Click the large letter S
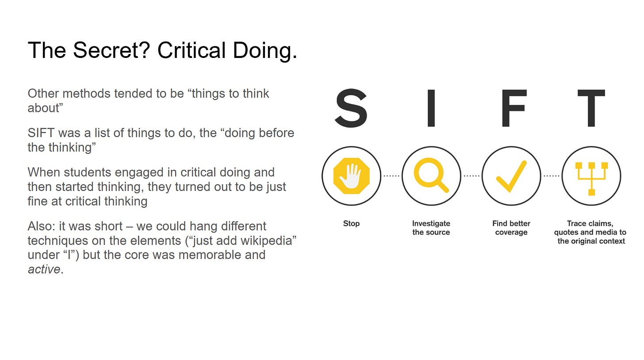[x=351, y=108]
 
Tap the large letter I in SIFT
[x=431, y=108]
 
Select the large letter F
[x=513, y=108]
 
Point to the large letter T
[x=591, y=108]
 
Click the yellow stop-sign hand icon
[x=351, y=176]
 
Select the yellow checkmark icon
[x=511, y=176]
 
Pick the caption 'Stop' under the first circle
[x=351, y=224]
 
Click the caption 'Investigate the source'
[x=431, y=228]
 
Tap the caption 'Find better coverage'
[x=511, y=228]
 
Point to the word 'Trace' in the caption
[x=578, y=224]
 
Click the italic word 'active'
[x=44, y=269]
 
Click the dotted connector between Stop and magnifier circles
[x=391, y=176]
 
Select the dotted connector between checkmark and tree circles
[x=551, y=176]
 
